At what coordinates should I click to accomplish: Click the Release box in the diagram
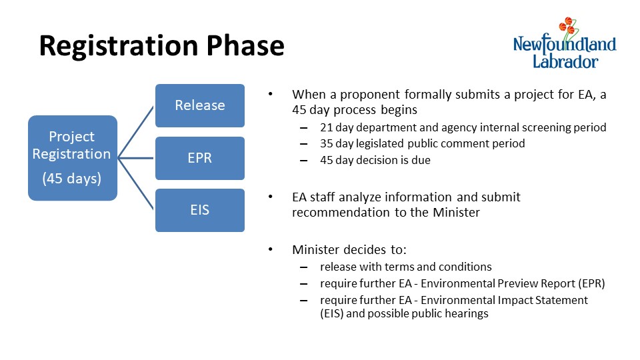pyautogui.click(x=200, y=106)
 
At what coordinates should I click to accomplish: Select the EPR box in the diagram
pyautogui.click(x=200, y=159)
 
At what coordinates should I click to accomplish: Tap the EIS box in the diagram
pyautogui.click(x=200, y=210)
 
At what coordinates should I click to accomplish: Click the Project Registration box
pyautogui.click(x=73, y=158)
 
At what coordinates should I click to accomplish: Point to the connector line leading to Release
pyautogui.click(x=136, y=132)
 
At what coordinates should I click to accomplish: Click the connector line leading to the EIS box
pyautogui.click(x=136, y=184)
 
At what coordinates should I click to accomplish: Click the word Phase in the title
pyautogui.click(x=245, y=45)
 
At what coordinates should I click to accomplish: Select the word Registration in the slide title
pyautogui.click(x=119, y=47)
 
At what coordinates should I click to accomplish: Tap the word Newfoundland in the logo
pyautogui.click(x=565, y=44)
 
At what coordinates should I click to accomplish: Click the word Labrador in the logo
pyautogui.click(x=565, y=61)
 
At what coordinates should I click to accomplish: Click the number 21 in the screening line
pyautogui.click(x=327, y=127)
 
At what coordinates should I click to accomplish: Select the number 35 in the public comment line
pyautogui.click(x=327, y=144)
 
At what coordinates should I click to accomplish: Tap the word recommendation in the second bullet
pyautogui.click(x=341, y=212)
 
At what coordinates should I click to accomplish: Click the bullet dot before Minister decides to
pyautogui.click(x=270, y=249)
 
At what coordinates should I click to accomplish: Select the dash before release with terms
pyautogui.click(x=303, y=267)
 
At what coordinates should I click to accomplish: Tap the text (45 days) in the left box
pyautogui.click(x=72, y=179)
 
